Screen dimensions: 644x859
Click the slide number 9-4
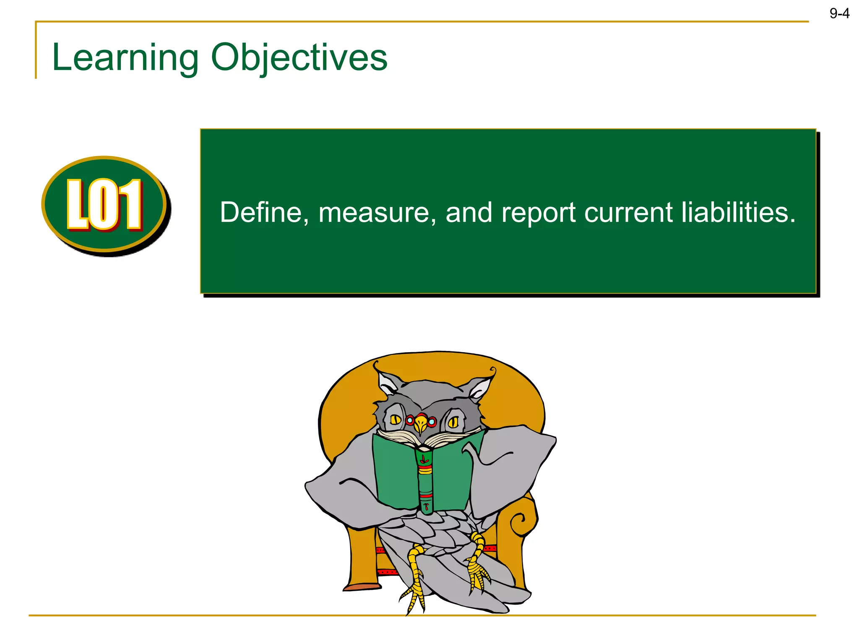click(839, 14)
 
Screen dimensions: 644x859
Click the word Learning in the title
click(125, 58)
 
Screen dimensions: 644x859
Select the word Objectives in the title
click(299, 58)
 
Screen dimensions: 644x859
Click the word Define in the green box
click(260, 212)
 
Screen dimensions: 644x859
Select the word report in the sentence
click(538, 213)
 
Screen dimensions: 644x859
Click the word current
click(628, 213)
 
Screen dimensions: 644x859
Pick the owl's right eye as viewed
click(453, 423)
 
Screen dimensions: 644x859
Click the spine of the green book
click(425, 480)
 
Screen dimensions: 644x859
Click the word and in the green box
click(469, 212)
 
